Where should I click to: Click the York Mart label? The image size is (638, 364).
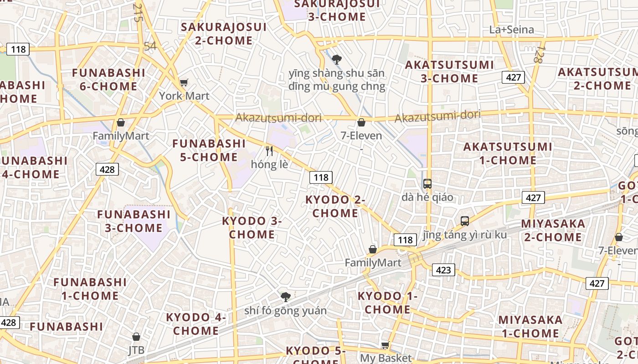[x=184, y=96]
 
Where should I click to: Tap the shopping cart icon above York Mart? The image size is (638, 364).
[x=184, y=82]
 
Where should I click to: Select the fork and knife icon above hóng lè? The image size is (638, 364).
[x=269, y=151]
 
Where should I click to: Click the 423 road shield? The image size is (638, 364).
[x=443, y=270]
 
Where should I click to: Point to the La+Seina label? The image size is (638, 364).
[x=511, y=30]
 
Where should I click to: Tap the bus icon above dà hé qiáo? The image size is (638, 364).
[x=427, y=184]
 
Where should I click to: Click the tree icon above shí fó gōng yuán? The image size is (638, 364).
[x=286, y=297]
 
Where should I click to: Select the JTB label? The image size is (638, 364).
[x=136, y=350]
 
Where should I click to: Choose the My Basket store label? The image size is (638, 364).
[x=386, y=358]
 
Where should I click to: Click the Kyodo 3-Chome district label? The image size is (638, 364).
[x=252, y=227]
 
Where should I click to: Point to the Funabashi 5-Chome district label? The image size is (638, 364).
[x=209, y=150]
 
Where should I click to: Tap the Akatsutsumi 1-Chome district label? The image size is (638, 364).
[x=508, y=153]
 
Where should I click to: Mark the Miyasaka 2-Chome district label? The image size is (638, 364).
[x=553, y=230]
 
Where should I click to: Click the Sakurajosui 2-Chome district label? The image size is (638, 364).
[x=223, y=34]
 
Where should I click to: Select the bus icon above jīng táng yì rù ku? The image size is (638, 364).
[x=464, y=221]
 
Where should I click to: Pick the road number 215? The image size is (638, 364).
[x=138, y=12]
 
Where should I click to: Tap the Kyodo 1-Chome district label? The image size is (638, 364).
[x=387, y=303]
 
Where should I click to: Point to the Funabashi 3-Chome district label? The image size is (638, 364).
[x=134, y=221]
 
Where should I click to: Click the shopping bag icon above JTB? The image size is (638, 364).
[x=136, y=337]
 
